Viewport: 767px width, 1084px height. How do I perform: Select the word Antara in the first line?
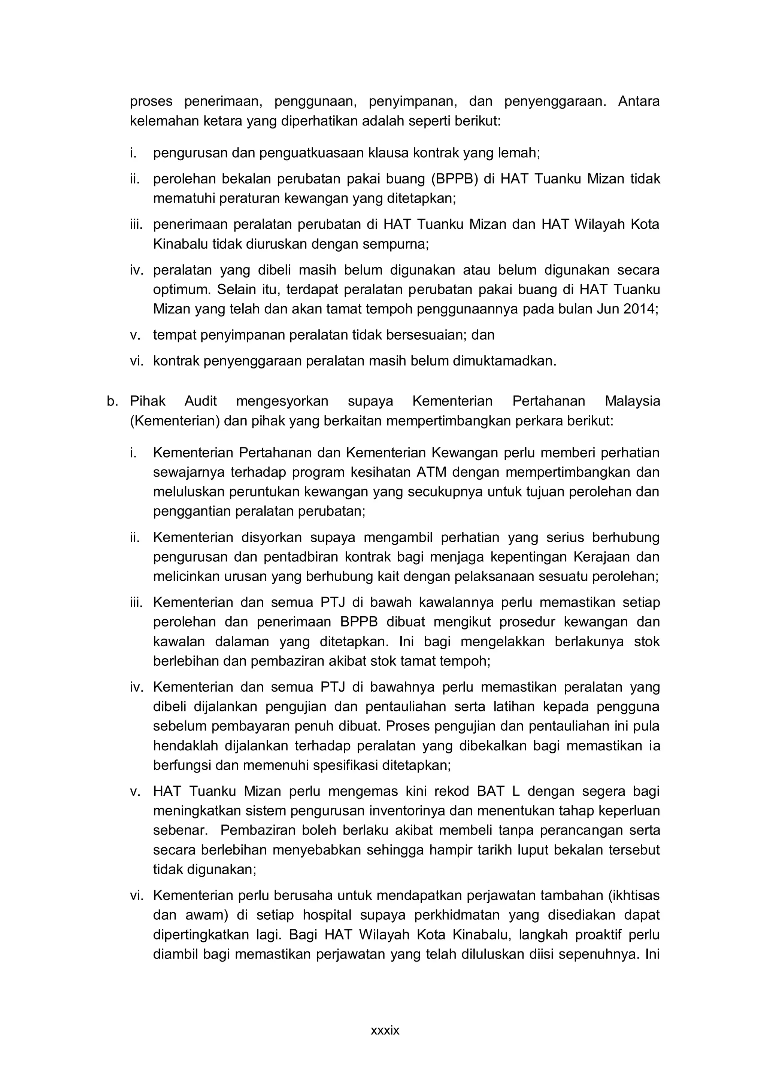point(639,101)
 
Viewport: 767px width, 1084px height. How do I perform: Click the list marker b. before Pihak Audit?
point(112,401)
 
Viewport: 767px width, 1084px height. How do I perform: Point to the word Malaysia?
point(632,401)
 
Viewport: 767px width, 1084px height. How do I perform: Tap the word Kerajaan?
point(601,557)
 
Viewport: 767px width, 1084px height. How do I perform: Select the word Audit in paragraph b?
point(201,401)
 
